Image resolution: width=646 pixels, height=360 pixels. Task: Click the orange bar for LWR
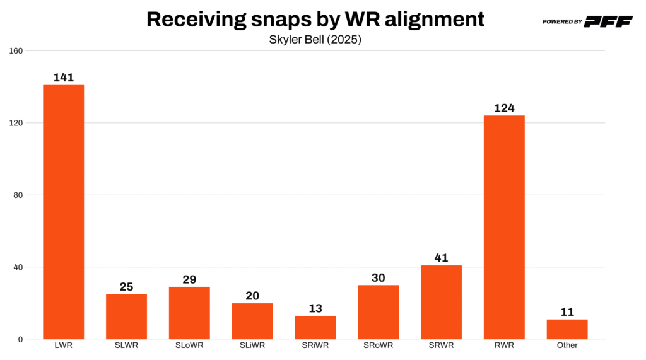63,212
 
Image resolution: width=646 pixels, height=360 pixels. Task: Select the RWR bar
504,227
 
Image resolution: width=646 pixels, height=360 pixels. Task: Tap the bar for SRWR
441,302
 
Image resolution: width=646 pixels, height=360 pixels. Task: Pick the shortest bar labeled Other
567,329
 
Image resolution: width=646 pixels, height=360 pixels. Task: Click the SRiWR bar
315,327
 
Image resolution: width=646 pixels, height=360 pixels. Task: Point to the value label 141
64,78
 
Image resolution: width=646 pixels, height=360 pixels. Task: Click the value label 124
504,108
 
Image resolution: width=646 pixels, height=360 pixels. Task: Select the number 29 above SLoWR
189,279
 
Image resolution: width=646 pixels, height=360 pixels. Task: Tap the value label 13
315,308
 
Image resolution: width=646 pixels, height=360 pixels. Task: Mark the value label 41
441,258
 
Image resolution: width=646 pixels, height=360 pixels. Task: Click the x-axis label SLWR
126,345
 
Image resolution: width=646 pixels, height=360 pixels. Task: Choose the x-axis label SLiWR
252,345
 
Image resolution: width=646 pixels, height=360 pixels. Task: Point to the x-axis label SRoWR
379,345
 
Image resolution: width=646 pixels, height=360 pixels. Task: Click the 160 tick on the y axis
16,51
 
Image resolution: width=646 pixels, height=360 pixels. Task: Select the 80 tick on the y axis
18,195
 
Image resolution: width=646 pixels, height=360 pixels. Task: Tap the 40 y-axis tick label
18,267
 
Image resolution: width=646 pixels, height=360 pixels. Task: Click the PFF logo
608,21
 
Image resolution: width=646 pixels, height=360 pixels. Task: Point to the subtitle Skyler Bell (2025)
315,39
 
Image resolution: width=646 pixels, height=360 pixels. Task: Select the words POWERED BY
562,22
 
